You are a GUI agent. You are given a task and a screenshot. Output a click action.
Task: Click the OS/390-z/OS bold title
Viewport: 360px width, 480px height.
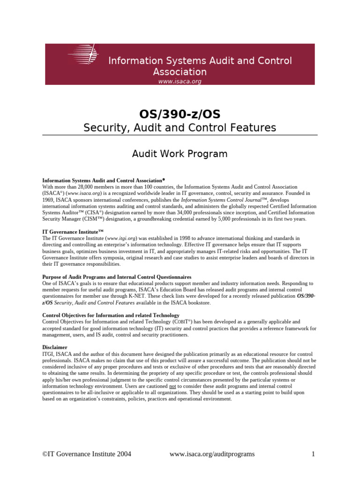[x=180, y=114]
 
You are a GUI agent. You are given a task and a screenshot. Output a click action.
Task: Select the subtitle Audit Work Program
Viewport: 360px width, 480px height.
[x=180, y=154]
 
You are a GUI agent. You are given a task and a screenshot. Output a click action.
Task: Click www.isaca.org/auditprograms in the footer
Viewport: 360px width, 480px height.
[x=212, y=454]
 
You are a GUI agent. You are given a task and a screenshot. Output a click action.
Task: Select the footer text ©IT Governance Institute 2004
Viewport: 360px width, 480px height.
[x=87, y=454]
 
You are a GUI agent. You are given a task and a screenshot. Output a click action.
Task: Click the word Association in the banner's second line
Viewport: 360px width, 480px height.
[x=180, y=72]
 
